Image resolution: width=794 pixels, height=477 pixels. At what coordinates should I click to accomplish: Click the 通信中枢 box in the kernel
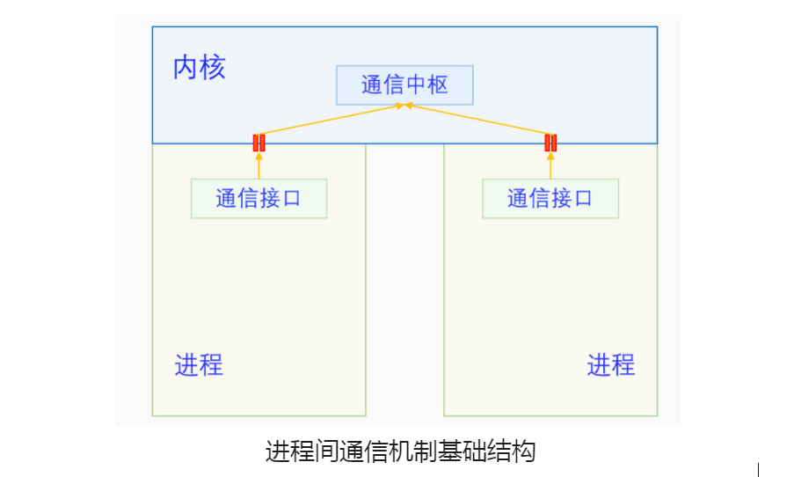click(x=404, y=85)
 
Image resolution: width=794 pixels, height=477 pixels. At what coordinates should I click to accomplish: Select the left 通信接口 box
click(x=259, y=198)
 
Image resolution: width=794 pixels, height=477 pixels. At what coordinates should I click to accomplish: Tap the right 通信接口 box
click(x=550, y=198)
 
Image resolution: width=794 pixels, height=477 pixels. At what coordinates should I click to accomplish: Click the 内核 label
click(x=200, y=68)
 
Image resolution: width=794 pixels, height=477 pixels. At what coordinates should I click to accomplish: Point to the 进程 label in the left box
click(x=199, y=364)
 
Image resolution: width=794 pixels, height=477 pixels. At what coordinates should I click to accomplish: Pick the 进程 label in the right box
click(x=610, y=364)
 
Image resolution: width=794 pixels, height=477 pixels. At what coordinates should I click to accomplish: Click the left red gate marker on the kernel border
click(x=259, y=143)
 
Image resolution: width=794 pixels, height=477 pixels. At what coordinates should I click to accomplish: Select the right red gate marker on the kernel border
click(x=550, y=143)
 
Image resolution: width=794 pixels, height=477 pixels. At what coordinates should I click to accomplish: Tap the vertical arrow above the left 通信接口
click(x=259, y=165)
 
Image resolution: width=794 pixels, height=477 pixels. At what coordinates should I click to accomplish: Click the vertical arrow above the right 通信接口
click(x=550, y=165)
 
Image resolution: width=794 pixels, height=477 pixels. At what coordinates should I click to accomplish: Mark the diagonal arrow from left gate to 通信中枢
click(x=330, y=121)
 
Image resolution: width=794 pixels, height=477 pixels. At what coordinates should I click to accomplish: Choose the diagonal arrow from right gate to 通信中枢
click(x=479, y=121)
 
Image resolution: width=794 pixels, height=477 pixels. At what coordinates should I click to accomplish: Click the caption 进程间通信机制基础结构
click(x=400, y=452)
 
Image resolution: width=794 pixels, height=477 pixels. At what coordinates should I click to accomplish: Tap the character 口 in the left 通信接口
click(x=291, y=198)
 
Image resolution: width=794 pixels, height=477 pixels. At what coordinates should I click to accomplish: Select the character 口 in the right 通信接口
click(x=583, y=198)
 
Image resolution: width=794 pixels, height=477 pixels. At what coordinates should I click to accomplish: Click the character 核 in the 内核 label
click(x=213, y=68)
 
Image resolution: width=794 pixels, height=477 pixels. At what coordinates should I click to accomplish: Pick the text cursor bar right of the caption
click(x=758, y=470)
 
